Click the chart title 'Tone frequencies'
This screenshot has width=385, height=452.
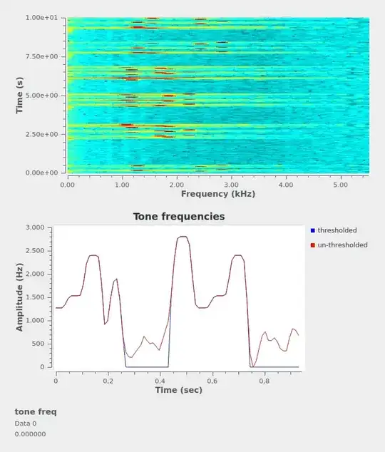179,216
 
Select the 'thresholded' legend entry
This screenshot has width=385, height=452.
337,230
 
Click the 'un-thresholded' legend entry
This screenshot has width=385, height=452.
342,245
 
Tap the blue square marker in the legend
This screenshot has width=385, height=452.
313,230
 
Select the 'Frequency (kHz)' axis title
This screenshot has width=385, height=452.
217,194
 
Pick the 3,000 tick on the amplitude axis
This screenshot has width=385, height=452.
34,227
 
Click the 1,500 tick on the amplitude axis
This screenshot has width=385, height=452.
34,297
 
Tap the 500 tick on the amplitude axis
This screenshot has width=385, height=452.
38,344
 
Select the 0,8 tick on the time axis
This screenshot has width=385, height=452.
264,381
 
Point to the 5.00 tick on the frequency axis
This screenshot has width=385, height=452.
340,185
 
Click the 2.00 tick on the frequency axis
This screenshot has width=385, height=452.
176,185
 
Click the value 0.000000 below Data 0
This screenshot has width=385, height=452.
30,433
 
